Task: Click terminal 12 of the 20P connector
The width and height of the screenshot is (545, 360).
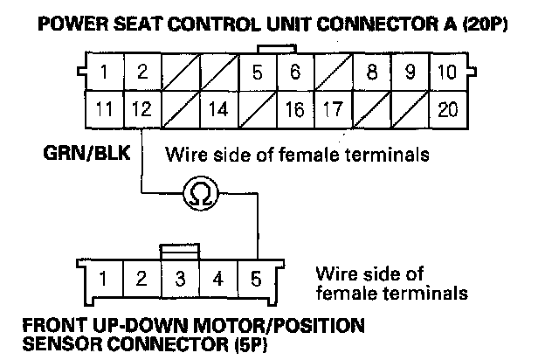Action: [x=141, y=110]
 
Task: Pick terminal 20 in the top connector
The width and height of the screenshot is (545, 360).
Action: [x=447, y=110]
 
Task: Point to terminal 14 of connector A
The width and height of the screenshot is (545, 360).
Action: [x=217, y=110]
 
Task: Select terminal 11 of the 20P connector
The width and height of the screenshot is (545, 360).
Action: [x=104, y=110]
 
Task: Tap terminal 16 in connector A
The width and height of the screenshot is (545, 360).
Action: [x=294, y=110]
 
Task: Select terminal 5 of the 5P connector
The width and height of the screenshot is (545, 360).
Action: [x=255, y=280]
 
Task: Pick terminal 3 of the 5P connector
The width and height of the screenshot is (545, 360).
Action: [x=179, y=280]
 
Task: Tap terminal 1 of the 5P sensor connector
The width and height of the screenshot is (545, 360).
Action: [x=103, y=280]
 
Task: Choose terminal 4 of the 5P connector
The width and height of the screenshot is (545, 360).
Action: [x=217, y=280]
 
